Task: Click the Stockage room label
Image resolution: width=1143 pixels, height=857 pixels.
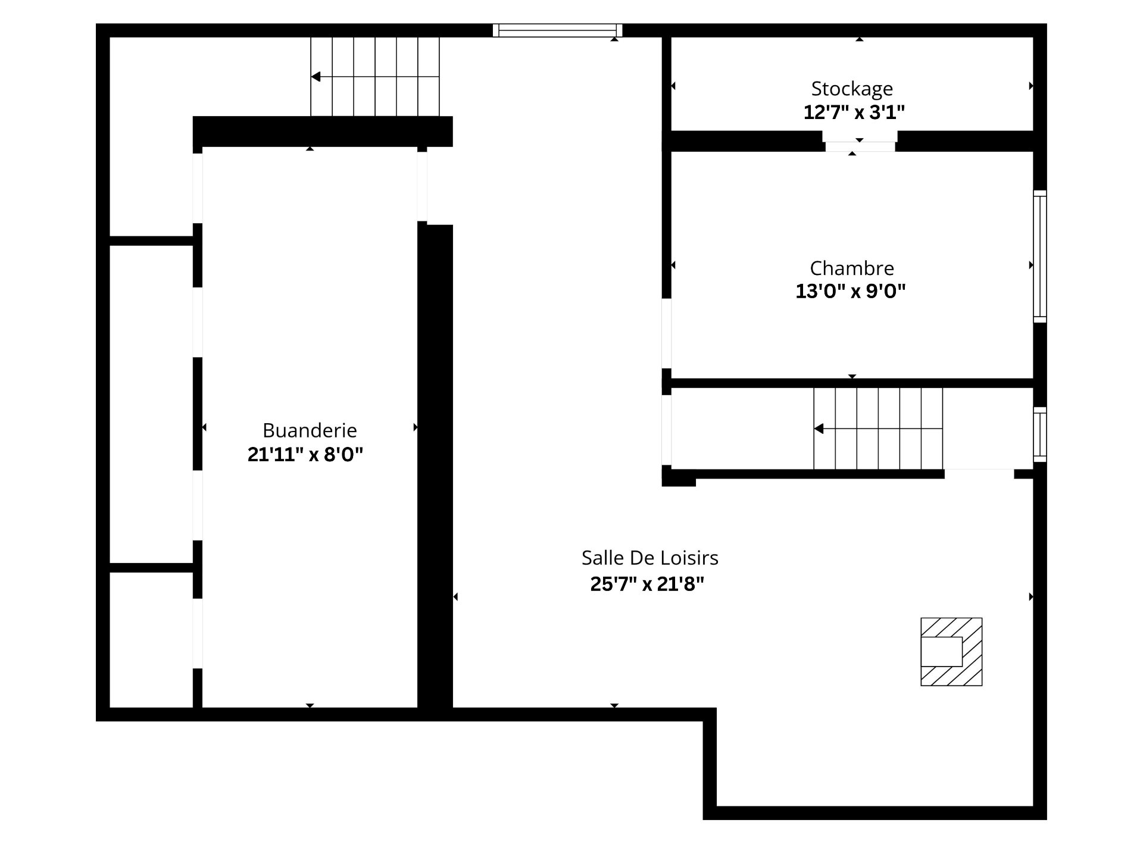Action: click(x=852, y=89)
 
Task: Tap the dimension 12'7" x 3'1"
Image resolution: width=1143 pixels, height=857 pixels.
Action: click(x=854, y=112)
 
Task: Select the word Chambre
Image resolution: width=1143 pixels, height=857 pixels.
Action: click(x=852, y=268)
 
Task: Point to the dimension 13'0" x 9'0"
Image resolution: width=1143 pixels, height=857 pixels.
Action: click(x=851, y=292)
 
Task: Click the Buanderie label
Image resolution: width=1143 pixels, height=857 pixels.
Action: click(x=310, y=430)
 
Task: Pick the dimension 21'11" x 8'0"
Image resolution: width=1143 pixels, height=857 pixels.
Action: click(x=305, y=455)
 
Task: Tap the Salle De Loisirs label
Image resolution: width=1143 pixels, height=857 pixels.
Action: click(x=649, y=558)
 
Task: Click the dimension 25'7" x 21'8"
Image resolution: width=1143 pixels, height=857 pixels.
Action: click(x=647, y=584)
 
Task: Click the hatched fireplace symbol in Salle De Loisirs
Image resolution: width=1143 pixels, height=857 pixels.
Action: click(x=951, y=652)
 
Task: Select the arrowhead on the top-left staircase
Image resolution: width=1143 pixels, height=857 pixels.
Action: click(x=316, y=77)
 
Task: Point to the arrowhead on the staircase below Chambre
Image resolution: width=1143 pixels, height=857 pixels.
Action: click(x=819, y=428)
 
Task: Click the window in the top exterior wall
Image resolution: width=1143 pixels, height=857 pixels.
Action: click(x=557, y=30)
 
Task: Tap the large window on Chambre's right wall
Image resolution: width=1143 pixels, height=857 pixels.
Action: click(x=1039, y=257)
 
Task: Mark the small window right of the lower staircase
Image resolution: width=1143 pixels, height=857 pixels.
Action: click(x=1039, y=434)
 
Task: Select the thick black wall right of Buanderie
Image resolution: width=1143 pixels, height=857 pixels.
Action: click(x=435, y=464)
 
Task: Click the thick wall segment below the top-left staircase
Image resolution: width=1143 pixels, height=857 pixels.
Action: click(x=323, y=131)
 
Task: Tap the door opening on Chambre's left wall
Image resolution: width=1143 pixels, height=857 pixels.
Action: click(x=667, y=333)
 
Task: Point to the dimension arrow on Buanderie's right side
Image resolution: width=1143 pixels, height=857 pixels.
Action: click(x=415, y=427)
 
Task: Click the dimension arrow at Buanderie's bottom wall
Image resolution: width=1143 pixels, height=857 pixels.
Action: click(x=310, y=705)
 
